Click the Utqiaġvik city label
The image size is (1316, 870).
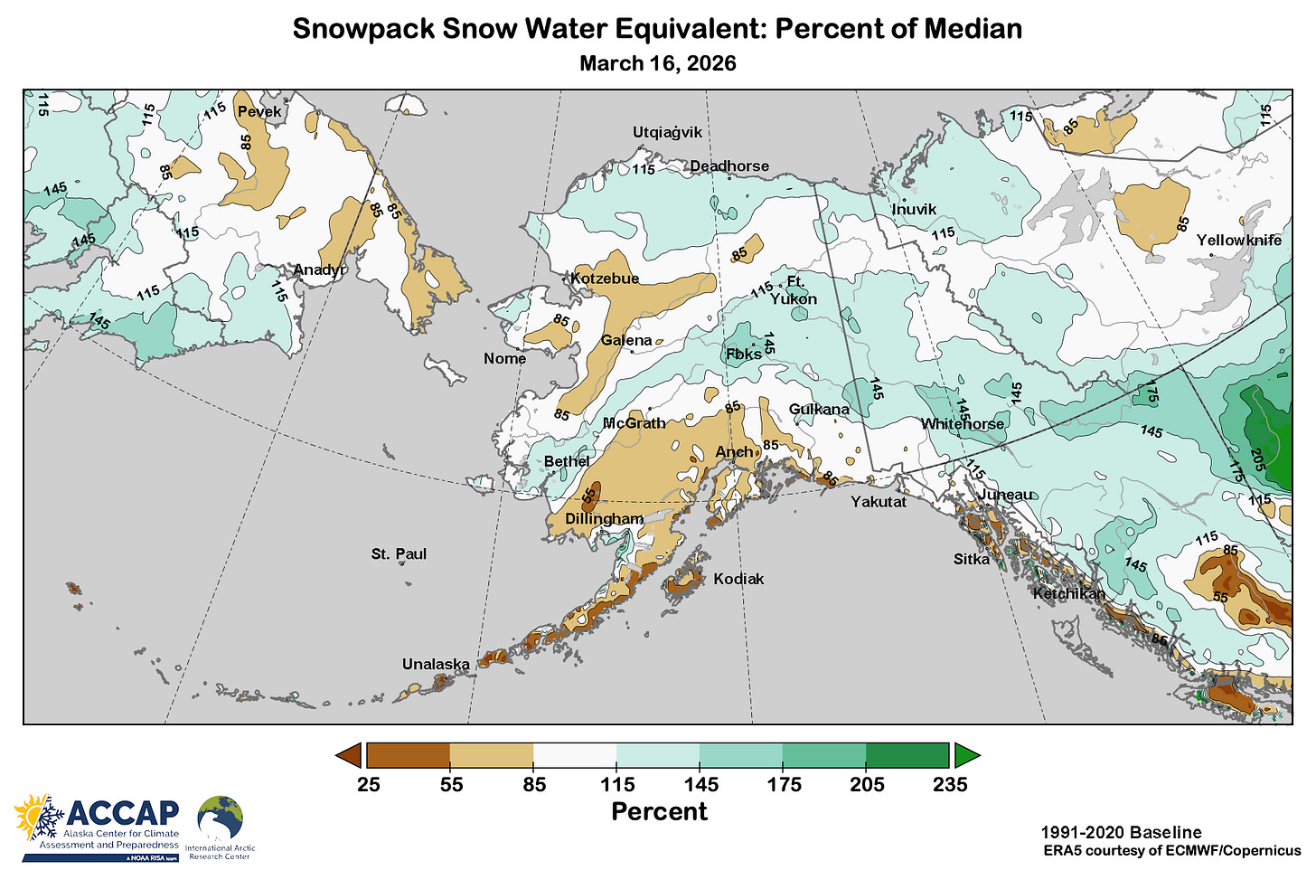point(667,133)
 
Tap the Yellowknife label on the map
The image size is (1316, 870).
point(1238,241)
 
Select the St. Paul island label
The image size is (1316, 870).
point(399,554)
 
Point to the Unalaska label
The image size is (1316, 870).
point(436,665)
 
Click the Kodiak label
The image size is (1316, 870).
point(738,579)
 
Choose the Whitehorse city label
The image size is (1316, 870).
point(962,424)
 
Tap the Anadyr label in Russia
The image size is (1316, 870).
point(319,270)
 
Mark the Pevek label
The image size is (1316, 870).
point(259,112)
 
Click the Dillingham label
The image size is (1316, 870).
point(604,519)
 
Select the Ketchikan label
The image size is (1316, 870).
point(1068,594)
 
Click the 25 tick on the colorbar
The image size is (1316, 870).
point(369,784)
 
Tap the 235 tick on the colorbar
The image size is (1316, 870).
point(950,784)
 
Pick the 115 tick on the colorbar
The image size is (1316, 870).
point(618,784)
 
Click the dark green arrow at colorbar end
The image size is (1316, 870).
point(966,755)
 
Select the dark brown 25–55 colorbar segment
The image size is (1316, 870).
point(409,755)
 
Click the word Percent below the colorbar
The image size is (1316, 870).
point(659,811)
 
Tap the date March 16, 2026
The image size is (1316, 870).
point(657,63)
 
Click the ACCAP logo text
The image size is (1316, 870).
point(123,813)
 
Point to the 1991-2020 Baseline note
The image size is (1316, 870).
point(1121,833)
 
